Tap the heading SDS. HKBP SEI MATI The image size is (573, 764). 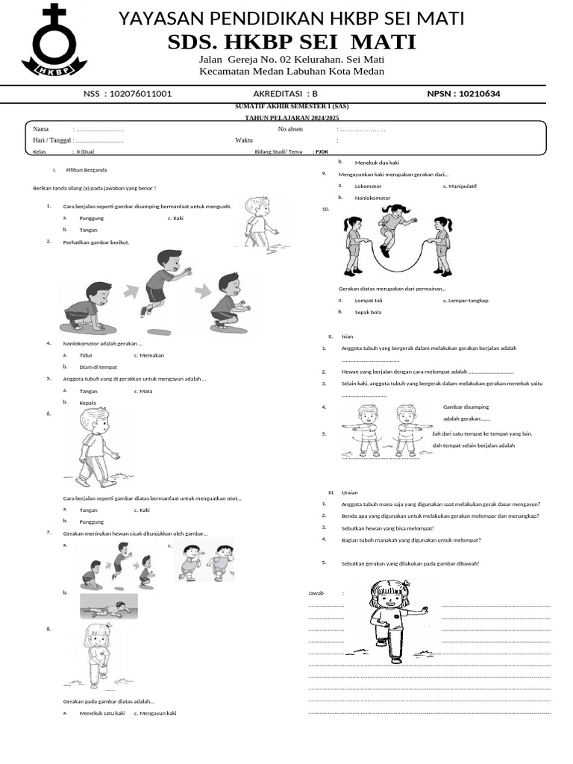point(292,42)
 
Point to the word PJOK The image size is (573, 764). point(322,151)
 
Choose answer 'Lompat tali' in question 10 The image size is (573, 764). point(368,300)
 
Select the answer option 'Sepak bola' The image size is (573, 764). point(367,312)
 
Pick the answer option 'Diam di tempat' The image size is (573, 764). point(98,367)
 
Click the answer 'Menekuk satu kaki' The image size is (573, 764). point(102,713)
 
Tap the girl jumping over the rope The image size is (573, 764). point(393,228)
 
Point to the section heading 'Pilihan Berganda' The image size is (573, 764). point(87,170)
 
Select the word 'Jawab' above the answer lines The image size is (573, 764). point(316,592)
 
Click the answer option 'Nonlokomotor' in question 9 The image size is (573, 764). point(372,198)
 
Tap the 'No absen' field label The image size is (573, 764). point(290,129)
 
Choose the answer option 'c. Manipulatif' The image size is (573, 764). point(460,186)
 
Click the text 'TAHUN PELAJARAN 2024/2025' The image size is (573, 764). point(292,118)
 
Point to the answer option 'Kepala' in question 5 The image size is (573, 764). point(88,403)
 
